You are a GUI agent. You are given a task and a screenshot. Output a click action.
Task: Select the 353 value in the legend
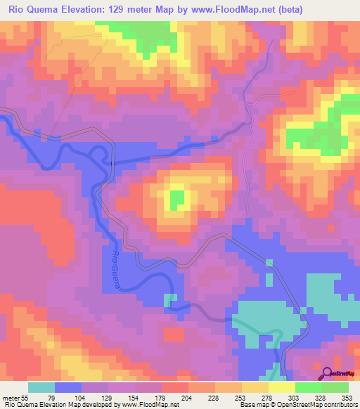347,398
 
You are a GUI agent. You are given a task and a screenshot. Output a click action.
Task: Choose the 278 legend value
267,398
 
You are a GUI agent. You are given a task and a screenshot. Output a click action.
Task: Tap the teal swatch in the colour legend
41,387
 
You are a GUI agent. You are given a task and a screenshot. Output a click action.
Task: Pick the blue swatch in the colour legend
68,387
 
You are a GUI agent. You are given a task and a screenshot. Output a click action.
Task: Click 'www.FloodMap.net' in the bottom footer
148,405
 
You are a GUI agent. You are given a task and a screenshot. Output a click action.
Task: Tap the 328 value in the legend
321,398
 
